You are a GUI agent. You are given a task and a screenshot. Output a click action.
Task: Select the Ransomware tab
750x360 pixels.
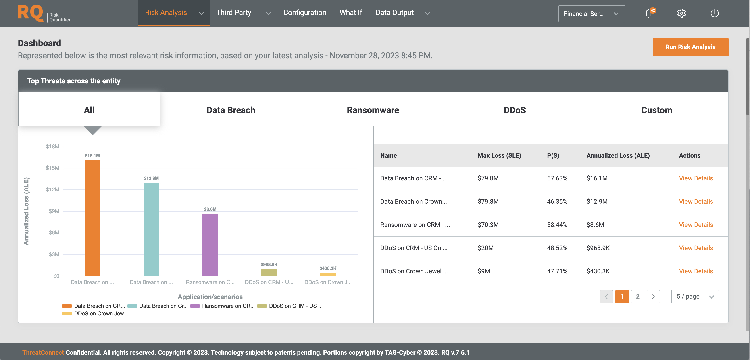coord(373,110)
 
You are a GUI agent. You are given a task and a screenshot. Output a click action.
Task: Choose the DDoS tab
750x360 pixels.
coord(515,110)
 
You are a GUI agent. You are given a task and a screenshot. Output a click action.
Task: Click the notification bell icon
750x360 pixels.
coord(648,13)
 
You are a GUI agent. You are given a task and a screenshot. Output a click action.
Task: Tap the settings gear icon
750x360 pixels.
coord(681,13)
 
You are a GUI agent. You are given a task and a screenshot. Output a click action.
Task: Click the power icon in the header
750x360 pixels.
coord(714,13)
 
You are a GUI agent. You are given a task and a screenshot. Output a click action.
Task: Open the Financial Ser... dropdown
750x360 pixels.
coord(591,13)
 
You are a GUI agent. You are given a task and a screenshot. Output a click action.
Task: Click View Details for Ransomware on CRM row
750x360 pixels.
coord(696,225)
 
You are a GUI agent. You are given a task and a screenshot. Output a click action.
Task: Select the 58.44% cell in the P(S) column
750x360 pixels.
coord(557,225)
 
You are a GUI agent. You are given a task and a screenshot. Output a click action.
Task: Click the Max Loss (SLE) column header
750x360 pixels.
coord(499,155)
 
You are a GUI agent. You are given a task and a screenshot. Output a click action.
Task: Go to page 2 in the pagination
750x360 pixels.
coord(637,297)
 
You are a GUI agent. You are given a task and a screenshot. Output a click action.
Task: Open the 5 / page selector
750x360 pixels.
coord(695,297)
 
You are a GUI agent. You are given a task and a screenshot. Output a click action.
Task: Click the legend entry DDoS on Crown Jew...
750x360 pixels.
coord(100,313)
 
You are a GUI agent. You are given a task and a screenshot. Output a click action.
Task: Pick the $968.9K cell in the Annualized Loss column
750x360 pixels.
coord(598,248)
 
